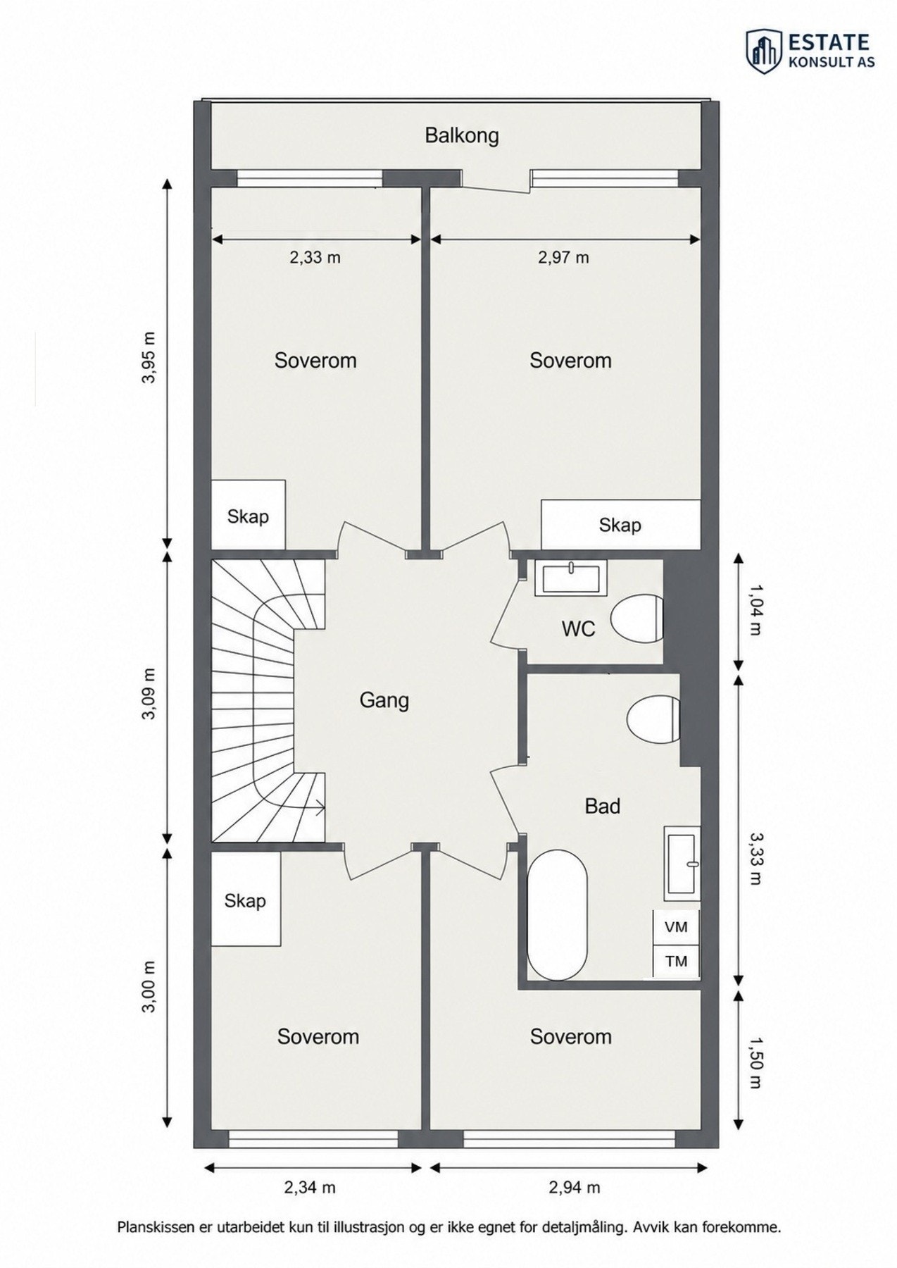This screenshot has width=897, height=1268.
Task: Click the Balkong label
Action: pos(461,135)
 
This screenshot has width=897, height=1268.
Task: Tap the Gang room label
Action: pos(384,700)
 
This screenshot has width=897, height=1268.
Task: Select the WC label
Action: pos(578,628)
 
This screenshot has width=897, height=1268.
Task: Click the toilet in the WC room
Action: pos(636,619)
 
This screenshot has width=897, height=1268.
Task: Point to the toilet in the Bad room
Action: pos(653,719)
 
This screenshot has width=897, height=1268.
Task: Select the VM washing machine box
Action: pos(676,927)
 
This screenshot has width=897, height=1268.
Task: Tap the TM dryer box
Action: pos(676,961)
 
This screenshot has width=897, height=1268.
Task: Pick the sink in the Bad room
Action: pos(682,864)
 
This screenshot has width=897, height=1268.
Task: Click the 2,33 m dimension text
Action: pos(315,258)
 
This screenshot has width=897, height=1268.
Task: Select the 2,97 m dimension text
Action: pos(563,258)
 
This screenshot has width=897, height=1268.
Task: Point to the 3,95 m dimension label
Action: pos(149,357)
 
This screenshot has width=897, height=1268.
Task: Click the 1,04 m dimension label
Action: pos(754,610)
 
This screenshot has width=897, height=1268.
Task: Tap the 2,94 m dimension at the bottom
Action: pos(575,1188)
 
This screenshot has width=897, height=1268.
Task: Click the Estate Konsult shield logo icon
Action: pos(764,51)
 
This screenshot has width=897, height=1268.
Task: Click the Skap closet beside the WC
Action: pos(620,525)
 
